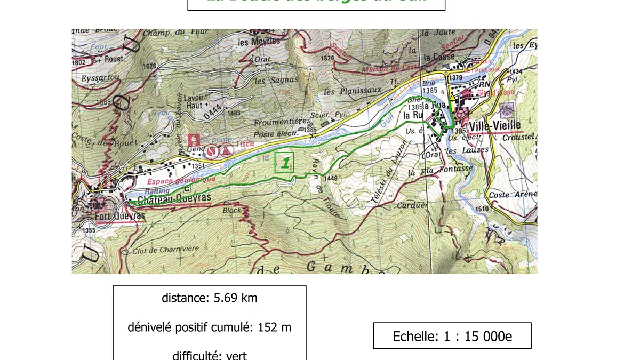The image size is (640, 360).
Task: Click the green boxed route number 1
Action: point(284,162)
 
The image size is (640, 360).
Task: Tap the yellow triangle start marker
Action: point(452,98)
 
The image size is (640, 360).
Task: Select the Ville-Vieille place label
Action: point(493,126)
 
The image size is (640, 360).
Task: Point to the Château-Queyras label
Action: point(174,198)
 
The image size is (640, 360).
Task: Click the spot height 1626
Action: point(150,66)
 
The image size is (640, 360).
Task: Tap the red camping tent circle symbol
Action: point(228,150)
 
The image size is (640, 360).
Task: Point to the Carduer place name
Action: point(412,205)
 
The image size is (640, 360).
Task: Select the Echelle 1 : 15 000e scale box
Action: point(452,336)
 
